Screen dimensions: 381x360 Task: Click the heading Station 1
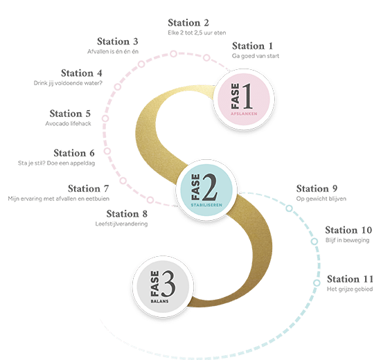click(x=252, y=46)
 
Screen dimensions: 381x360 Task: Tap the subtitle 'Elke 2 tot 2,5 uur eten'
click(x=197, y=33)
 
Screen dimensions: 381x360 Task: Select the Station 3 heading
click(x=118, y=42)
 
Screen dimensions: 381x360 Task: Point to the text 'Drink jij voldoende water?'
click(x=68, y=83)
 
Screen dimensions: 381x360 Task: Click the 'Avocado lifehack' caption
click(x=69, y=124)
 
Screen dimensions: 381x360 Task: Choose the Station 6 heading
click(x=74, y=153)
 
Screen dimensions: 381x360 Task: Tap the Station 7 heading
click(x=89, y=189)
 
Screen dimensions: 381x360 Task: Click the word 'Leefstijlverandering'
click(x=121, y=224)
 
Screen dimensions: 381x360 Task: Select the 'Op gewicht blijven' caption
click(x=321, y=199)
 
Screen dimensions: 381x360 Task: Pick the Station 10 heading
click(x=348, y=230)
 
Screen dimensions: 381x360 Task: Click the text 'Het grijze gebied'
click(x=350, y=289)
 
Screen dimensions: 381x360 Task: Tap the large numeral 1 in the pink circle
click(x=247, y=96)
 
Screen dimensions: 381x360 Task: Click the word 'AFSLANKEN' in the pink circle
click(x=244, y=114)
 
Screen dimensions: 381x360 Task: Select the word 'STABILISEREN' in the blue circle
click(x=206, y=205)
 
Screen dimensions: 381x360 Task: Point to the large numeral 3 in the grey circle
click(x=168, y=284)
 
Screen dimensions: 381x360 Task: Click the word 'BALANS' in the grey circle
click(x=159, y=301)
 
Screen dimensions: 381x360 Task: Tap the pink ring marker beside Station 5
click(x=105, y=118)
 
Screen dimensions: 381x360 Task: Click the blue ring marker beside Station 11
click(x=317, y=283)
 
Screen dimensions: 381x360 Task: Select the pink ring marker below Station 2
click(x=173, y=54)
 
